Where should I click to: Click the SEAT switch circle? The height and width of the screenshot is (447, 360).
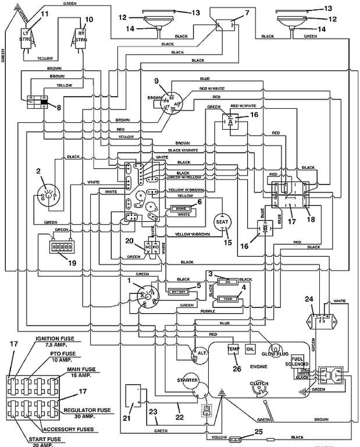coord(222,222)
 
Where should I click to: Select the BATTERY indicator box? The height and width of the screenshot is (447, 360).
coord(177,291)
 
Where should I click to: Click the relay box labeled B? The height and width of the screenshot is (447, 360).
coord(265,229)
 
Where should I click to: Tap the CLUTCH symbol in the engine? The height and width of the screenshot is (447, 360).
coord(258,389)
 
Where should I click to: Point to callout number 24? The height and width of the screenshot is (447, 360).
coord(309,299)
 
